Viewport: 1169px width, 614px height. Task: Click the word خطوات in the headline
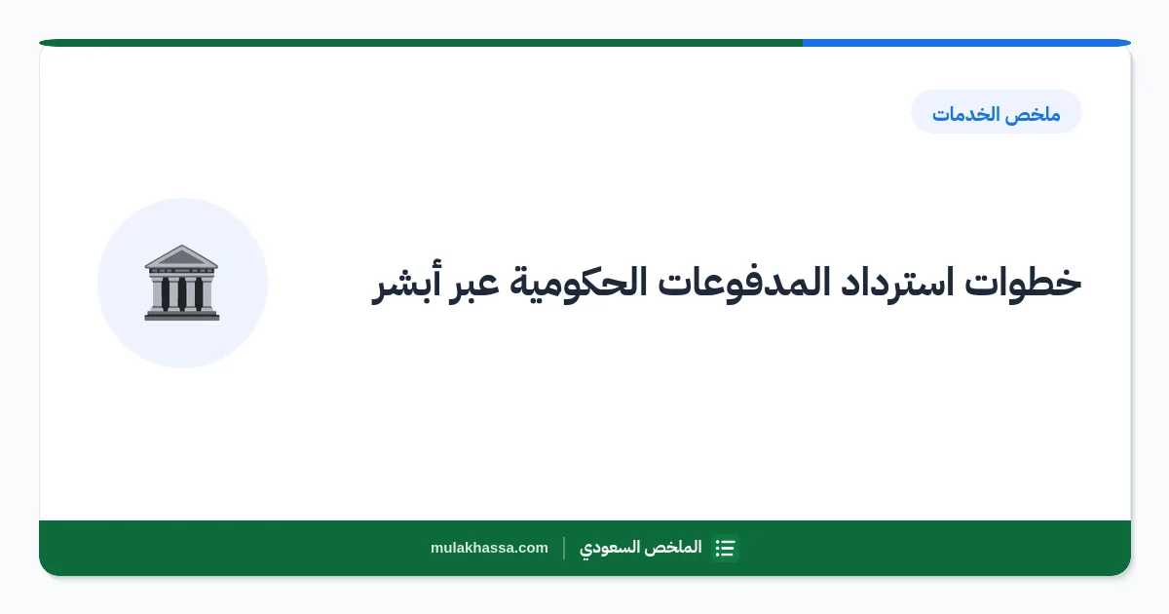click(1023, 283)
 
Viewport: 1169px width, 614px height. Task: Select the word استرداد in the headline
click(897, 283)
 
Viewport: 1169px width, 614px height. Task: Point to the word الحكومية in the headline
click(579, 283)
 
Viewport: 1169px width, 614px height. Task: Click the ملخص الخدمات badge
click(997, 112)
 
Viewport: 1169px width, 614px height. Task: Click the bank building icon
click(181, 283)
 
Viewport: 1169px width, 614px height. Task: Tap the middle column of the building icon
click(181, 293)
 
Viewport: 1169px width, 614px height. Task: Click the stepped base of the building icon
click(181, 315)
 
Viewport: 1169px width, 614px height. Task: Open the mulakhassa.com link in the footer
click(489, 548)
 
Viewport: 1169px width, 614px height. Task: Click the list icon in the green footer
click(726, 548)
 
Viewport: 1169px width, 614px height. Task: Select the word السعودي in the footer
click(610, 548)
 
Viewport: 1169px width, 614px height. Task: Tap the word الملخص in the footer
click(673, 548)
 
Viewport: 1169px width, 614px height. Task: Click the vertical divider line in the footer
click(564, 548)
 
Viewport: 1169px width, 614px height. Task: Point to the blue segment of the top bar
click(966, 43)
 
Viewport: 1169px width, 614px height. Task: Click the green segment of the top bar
click(421, 43)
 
